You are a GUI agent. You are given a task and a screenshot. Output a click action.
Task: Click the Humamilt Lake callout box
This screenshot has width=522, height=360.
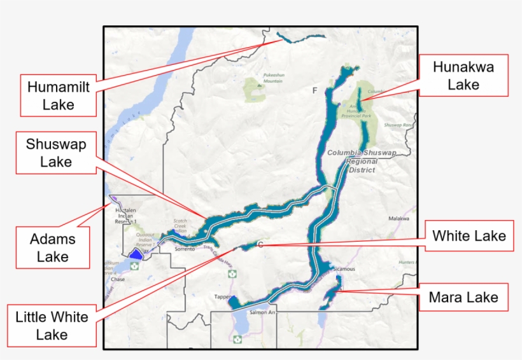[59, 95]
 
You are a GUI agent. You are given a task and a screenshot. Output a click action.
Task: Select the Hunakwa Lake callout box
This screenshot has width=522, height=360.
[463, 75]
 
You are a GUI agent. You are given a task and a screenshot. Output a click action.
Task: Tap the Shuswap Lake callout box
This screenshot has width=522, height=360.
[56, 153]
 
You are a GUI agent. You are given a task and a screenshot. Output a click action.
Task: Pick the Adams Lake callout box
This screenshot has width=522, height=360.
[52, 247]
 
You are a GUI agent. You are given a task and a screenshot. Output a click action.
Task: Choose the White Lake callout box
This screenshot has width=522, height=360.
[469, 236]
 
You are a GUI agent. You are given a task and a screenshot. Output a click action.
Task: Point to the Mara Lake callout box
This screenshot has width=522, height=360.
[463, 297]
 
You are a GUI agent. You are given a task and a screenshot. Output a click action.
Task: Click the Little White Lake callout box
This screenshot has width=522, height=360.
[52, 325]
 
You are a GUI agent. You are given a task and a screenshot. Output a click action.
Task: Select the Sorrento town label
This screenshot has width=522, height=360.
[185, 249]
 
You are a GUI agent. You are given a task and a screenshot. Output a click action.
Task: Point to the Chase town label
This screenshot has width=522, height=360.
[118, 279]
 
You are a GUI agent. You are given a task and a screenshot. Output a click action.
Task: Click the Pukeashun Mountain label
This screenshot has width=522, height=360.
[273, 78]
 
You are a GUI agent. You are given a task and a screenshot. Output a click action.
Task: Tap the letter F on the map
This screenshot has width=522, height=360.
[314, 91]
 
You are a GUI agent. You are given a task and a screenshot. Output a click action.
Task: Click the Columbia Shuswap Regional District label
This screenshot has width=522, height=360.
[362, 162]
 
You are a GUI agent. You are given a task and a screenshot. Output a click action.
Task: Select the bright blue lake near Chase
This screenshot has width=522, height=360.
[135, 254]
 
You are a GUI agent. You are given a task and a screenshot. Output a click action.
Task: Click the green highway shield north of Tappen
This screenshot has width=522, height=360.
[232, 274]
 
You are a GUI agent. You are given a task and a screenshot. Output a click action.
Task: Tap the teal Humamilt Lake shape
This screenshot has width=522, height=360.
[300, 38]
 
